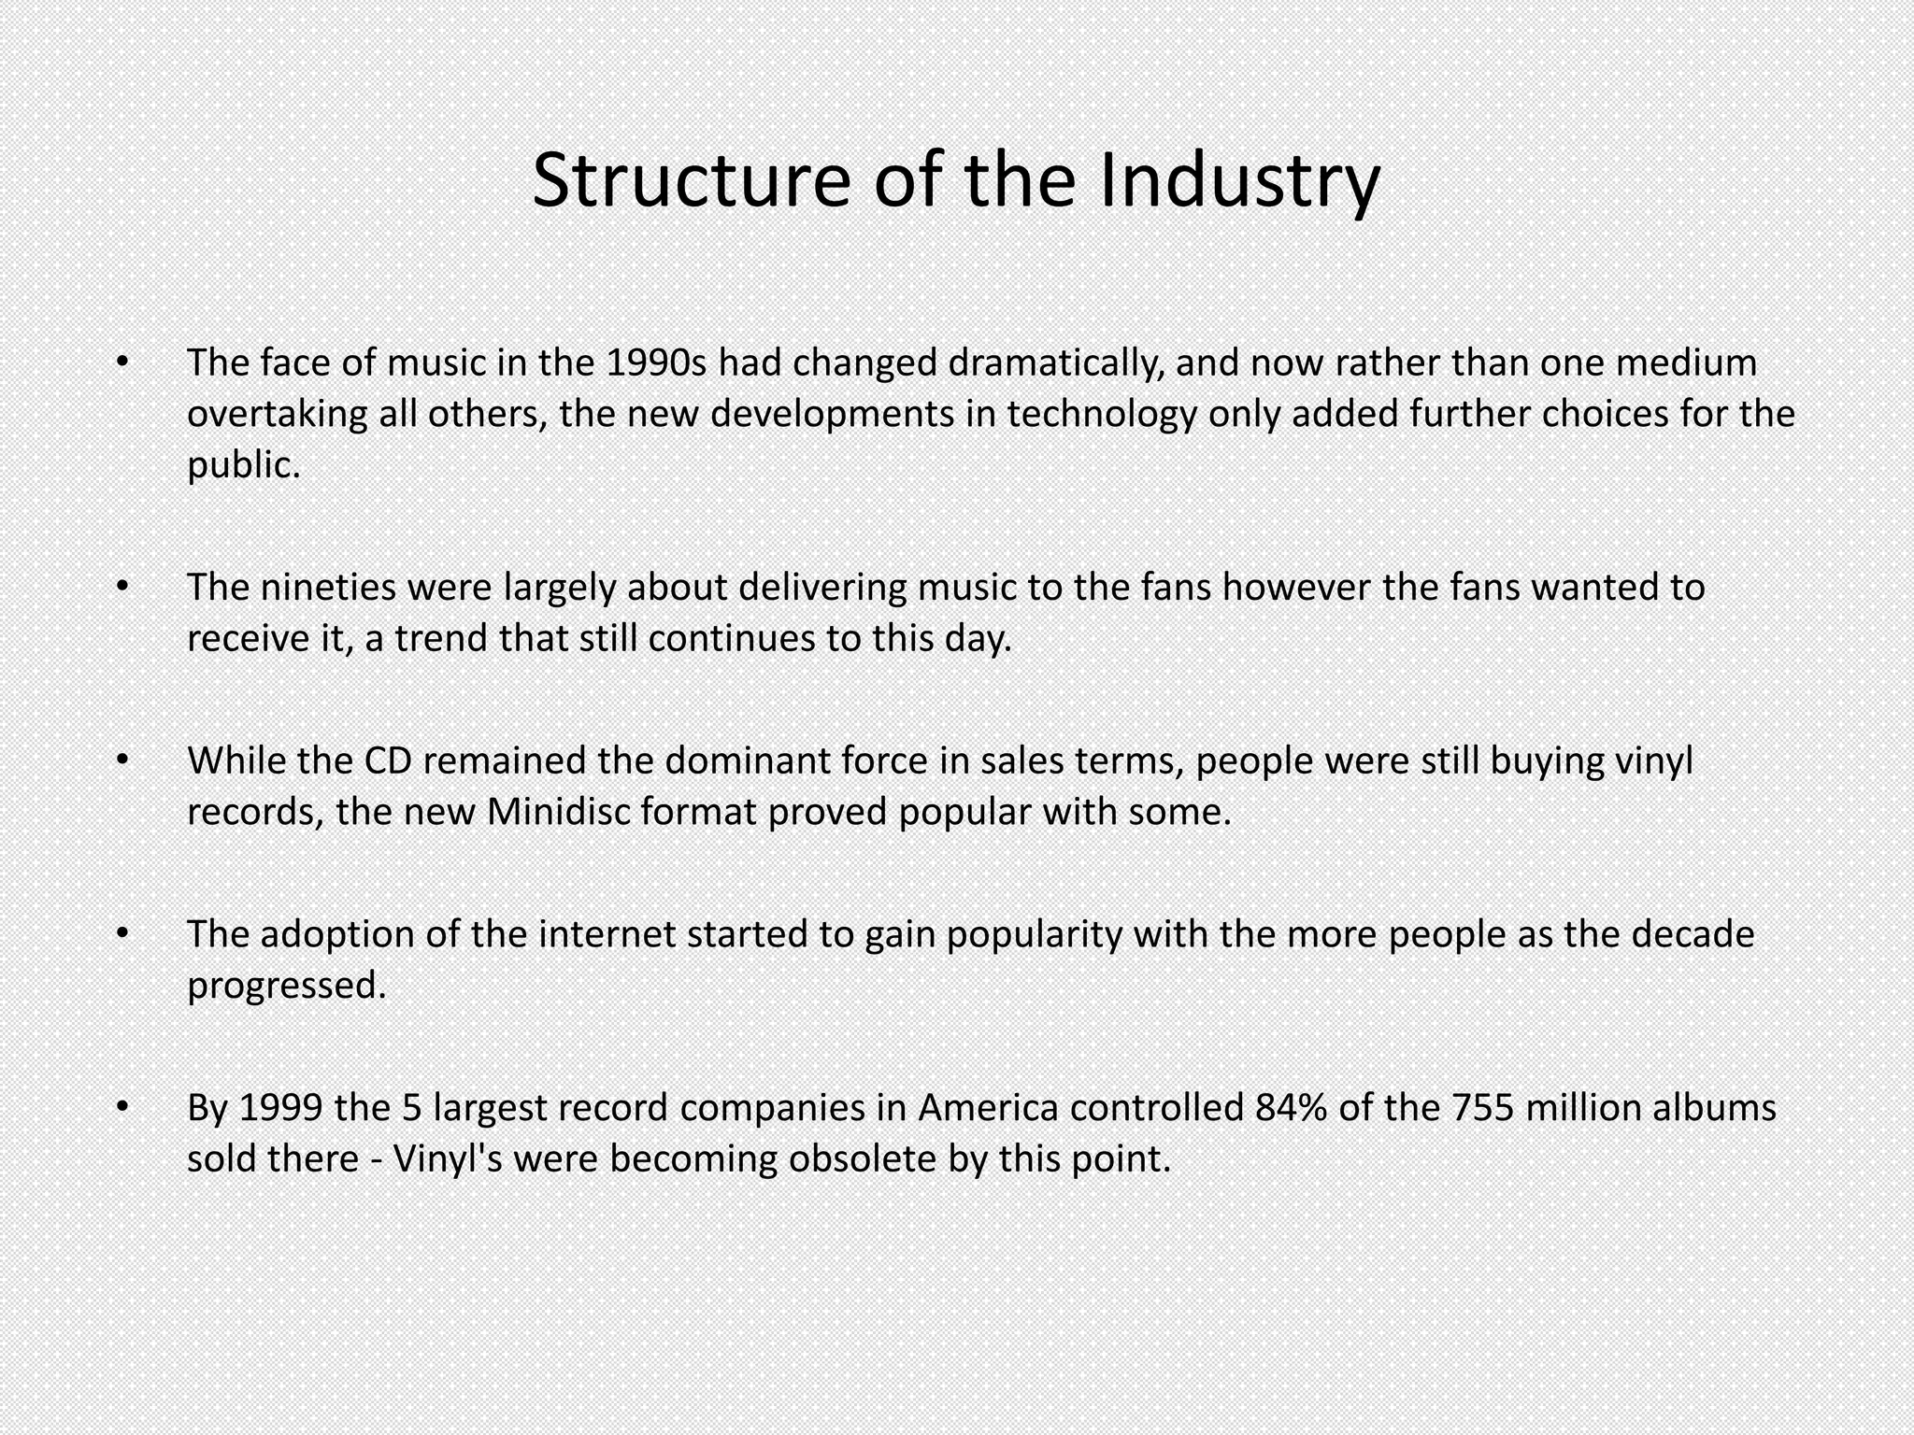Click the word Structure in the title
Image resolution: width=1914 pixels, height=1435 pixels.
point(691,179)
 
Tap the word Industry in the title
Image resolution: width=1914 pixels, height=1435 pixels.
point(1239,179)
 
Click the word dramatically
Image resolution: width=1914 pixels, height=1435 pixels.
point(1055,362)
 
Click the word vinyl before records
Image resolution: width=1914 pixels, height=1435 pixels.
point(1653,760)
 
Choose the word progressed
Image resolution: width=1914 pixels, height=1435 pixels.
point(286,986)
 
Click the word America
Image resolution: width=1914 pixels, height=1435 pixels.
point(988,1108)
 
